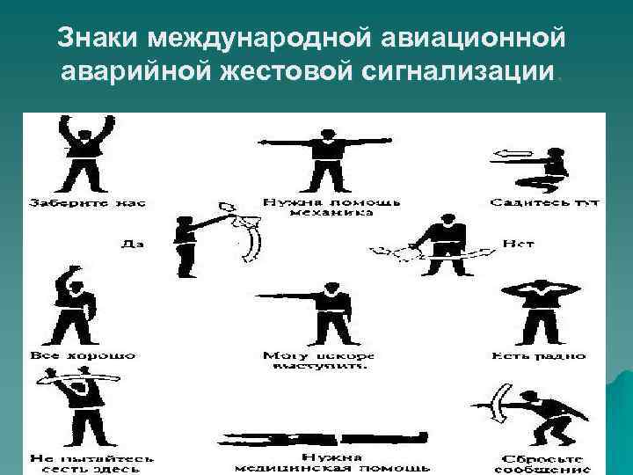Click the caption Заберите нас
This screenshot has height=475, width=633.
[88, 202]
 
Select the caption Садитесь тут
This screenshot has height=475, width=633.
[545, 202]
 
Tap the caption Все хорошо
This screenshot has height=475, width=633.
[84, 355]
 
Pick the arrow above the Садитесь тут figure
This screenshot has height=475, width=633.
[514, 155]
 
